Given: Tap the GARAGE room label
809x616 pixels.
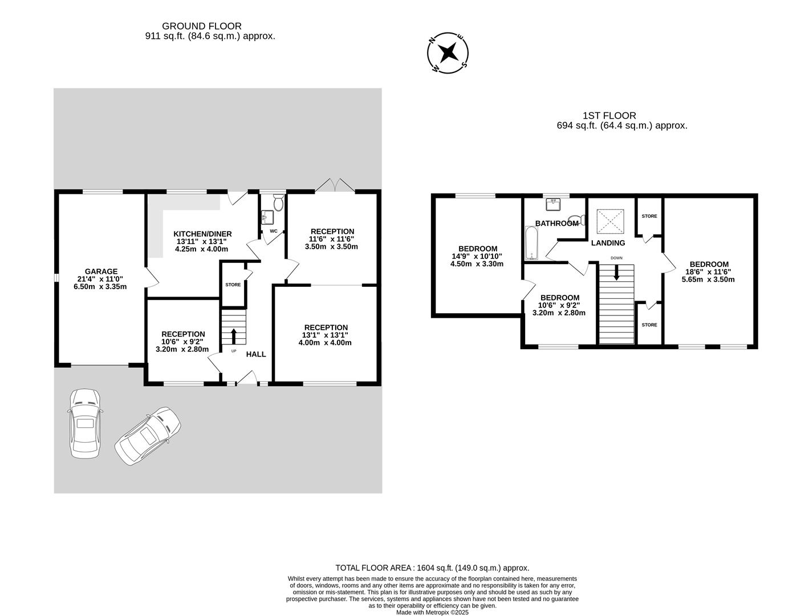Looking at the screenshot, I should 101,271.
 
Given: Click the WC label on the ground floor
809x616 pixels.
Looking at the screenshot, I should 273,231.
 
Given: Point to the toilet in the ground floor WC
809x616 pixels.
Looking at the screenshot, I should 278,202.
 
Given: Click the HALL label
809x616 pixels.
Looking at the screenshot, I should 256,354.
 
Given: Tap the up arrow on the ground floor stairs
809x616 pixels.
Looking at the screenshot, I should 233,335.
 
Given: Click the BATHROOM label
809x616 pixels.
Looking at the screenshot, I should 556,224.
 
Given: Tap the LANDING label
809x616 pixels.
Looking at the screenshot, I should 608,243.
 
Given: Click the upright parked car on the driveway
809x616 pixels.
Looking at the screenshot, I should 85,423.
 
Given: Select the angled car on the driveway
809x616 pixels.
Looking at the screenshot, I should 148,436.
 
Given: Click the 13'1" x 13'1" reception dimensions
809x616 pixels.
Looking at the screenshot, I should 325,335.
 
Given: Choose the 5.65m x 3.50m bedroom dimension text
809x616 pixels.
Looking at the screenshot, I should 708,279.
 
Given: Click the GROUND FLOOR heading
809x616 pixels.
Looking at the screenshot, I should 202,26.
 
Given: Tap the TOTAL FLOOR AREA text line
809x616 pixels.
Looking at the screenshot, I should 432,568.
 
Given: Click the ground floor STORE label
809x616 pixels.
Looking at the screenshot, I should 233,285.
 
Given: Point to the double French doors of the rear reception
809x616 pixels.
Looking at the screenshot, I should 335,185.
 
